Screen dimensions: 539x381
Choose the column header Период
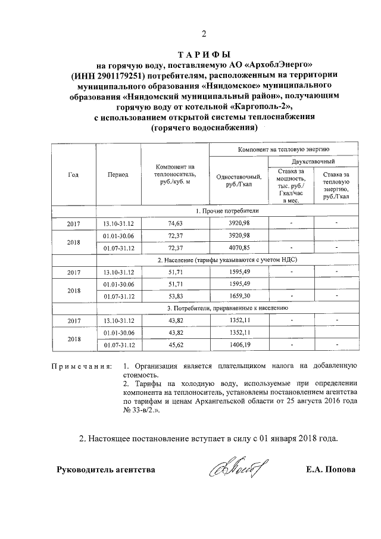pyautogui.click(x=118, y=175)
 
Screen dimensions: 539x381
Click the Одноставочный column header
pyautogui.click(x=241, y=180)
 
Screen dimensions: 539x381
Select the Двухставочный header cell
pyautogui.click(x=313, y=161)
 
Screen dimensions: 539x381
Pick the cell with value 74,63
pyautogui.click(x=175, y=223)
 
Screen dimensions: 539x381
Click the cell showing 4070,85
pyautogui.click(x=241, y=247)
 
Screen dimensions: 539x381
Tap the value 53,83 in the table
pyautogui.click(x=175, y=296)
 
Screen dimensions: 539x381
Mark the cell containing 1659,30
pyautogui.click(x=241, y=296)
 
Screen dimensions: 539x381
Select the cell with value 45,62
pyautogui.click(x=175, y=344)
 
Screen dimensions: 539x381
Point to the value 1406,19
pyautogui.click(x=241, y=344)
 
